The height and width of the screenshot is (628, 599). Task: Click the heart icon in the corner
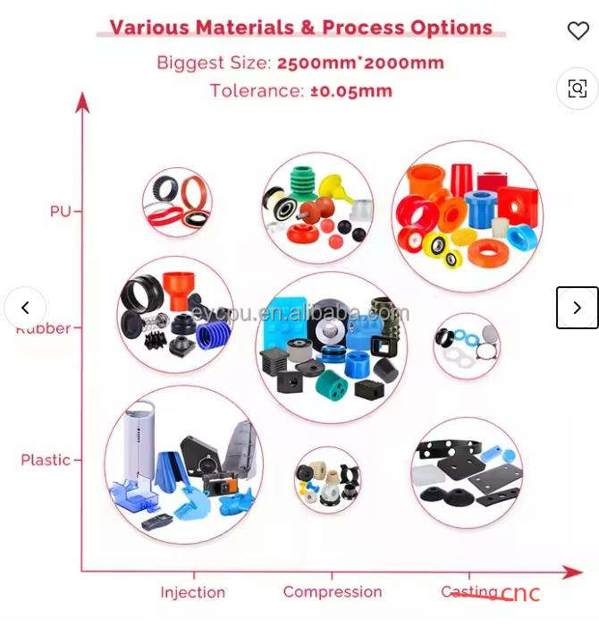pyautogui.click(x=578, y=30)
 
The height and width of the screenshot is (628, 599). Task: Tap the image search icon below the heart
pyautogui.click(x=578, y=88)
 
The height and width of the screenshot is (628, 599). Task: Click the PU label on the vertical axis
pyautogui.click(x=60, y=211)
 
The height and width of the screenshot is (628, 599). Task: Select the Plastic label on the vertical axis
pyautogui.click(x=46, y=460)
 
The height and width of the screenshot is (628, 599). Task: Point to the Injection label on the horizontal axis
pyautogui.click(x=192, y=592)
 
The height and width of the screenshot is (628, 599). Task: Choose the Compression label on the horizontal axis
pyautogui.click(x=332, y=592)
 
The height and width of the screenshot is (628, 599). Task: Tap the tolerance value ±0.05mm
pyautogui.click(x=351, y=91)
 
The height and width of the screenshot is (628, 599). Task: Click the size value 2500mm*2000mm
pyautogui.click(x=360, y=64)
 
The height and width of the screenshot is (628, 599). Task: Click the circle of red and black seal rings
pyautogui.click(x=177, y=202)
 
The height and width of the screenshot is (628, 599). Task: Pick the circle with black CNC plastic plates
pyautogui.click(x=467, y=472)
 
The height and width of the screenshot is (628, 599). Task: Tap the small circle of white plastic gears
pyautogui.click(x=327, y=479)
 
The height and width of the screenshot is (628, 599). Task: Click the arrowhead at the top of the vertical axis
pyautogui.click(x=83, y=101)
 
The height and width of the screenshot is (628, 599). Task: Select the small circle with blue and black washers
pyautogui.click(x=466, y=345)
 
